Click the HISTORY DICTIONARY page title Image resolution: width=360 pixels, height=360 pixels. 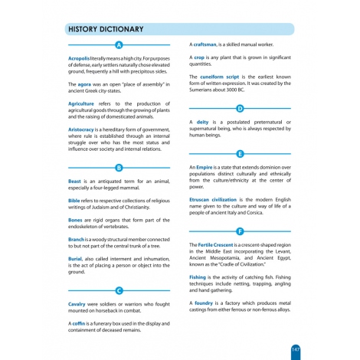tap(106, 29)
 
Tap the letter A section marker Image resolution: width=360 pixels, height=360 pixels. tap(119, 46)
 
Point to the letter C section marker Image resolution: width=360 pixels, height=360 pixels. tap(119, 290)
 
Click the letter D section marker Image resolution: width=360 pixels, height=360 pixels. tap(240, 109)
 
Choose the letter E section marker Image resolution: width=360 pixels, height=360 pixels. tap(240, 153)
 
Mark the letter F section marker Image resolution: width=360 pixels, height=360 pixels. tap(240, 231)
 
